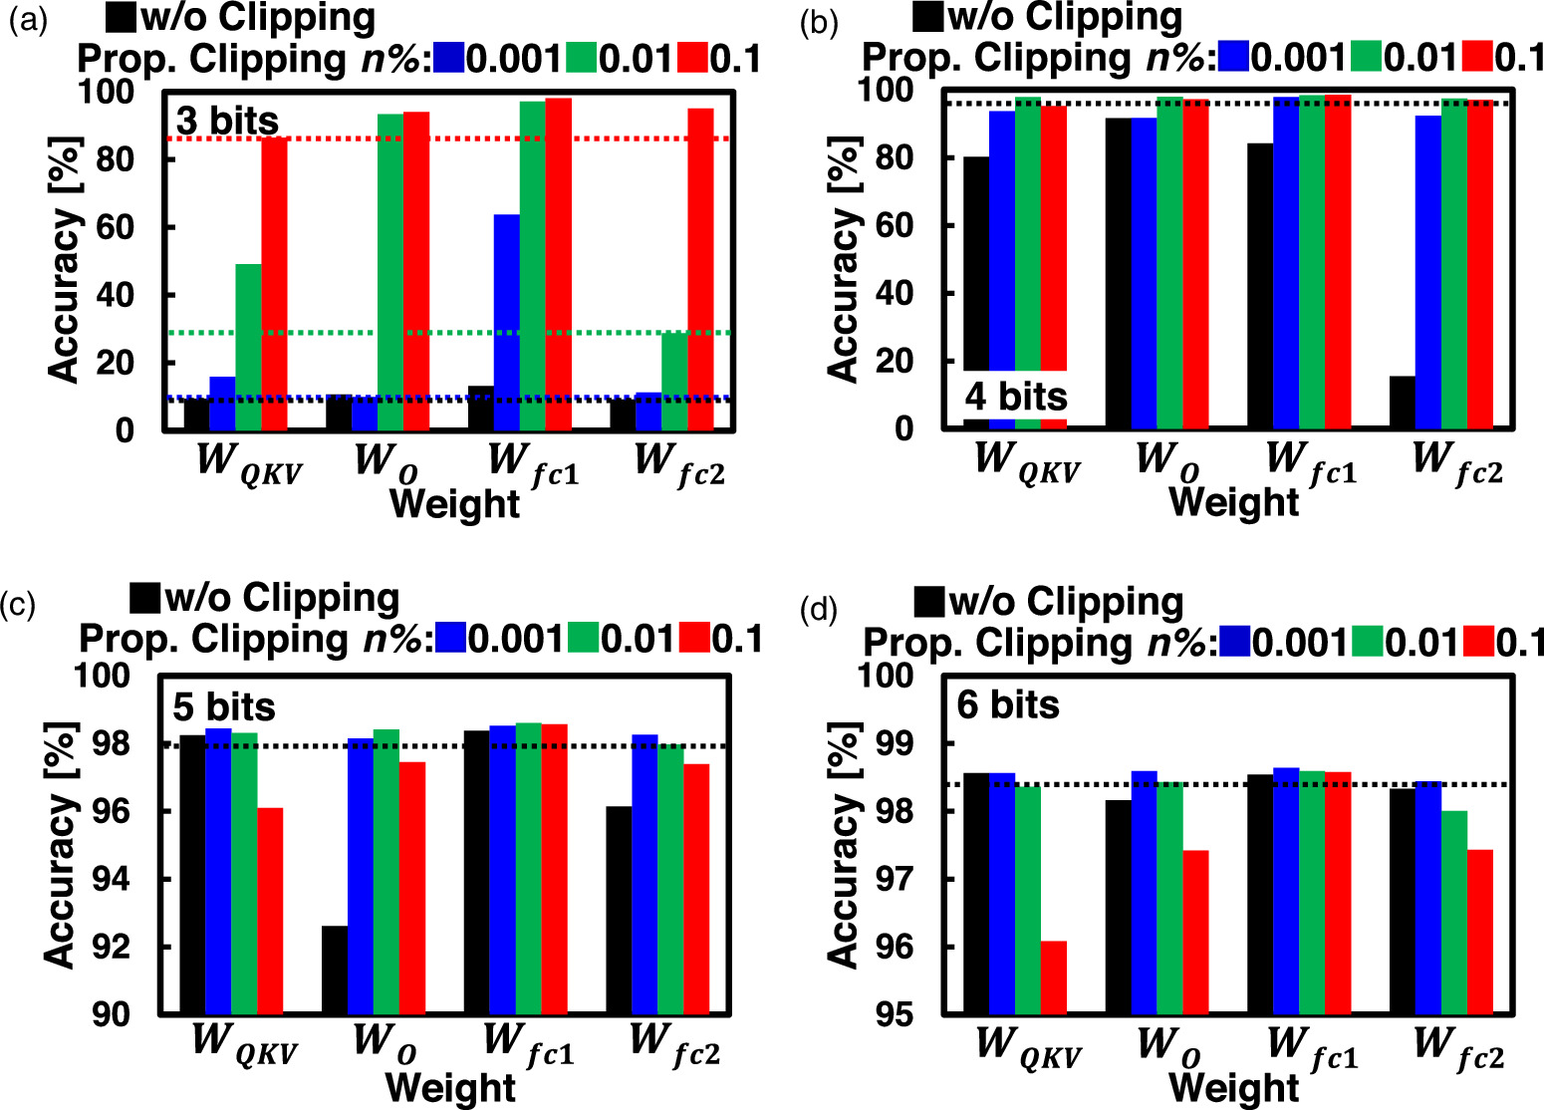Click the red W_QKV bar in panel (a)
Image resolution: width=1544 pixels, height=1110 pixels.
pyautogui.click(x=274, y=284)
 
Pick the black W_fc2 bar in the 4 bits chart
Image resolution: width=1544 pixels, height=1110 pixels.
pyautogui.click(x=1402, y=403)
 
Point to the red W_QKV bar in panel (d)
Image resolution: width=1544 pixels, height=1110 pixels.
pyautogui.click(x=1054, y=977)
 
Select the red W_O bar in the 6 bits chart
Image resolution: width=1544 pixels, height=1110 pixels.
pyautogui.click(x=1195, y=932)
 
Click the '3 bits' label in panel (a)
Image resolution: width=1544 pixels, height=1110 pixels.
pyautogui.click(x=228, y=122)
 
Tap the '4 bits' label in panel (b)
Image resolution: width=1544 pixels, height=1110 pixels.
pyautogui.click(x=1016, y=397)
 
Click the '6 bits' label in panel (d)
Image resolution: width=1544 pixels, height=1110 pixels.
pyautogui.click(x=1008, y=705)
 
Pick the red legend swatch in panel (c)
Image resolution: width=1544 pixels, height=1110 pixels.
pyautogui.click(x=694, y=638)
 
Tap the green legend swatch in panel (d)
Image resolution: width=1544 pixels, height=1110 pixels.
pyautogui.click(x=1367, y=642)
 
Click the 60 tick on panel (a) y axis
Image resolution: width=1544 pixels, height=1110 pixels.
pyautogui.click(x=115, y=227)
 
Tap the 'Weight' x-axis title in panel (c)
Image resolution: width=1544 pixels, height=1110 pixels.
pyautogui.click(x=450, y=1087)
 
